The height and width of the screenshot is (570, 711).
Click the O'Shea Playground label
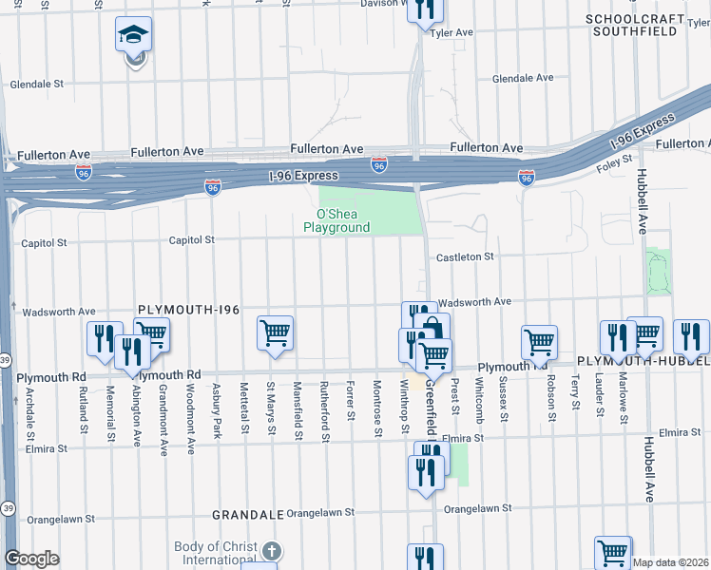pos(336,221)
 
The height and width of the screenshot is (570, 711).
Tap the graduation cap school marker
pos(134,37)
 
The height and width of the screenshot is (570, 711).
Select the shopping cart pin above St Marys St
pos(275,334)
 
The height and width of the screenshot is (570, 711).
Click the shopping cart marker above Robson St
pos(539,342)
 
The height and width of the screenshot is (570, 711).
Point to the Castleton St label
pos(465,257)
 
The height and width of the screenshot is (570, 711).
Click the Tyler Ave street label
pos(452,32)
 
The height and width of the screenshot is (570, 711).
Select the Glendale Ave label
pos(523,78)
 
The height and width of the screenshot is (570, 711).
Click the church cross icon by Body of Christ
pos(272,552)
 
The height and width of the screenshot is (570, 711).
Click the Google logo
pos(31,560)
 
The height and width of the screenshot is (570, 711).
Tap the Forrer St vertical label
pos(351,402)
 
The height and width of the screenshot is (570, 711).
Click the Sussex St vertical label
pos(503,400)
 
